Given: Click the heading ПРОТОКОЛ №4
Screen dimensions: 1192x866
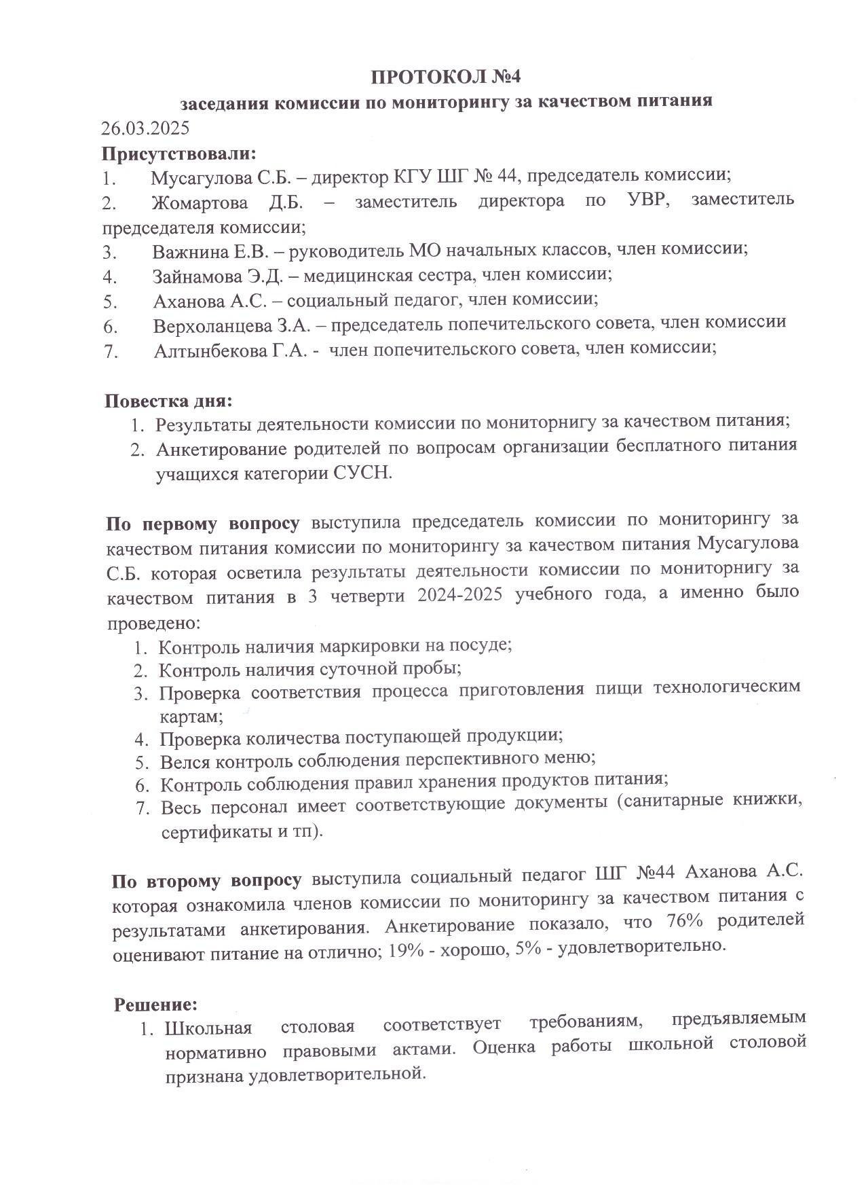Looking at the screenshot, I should pyautogui.click(x=445, y=76).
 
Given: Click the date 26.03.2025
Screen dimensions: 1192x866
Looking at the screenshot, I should pyautogui.click(x=145, y=128).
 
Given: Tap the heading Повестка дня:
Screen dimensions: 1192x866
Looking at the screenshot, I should pyautogui.click(x=168, y=401).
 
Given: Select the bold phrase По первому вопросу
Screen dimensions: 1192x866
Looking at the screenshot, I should pyautogui.click(x=202, y=524).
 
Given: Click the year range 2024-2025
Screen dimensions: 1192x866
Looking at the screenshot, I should pyautogui.click(x=461, y=596).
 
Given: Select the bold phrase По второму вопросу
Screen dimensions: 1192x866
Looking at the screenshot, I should pyautogui.click(x=206, y=880).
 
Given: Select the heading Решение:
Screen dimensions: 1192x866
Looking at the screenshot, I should pyautogui.click(x=155, y=1003).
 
